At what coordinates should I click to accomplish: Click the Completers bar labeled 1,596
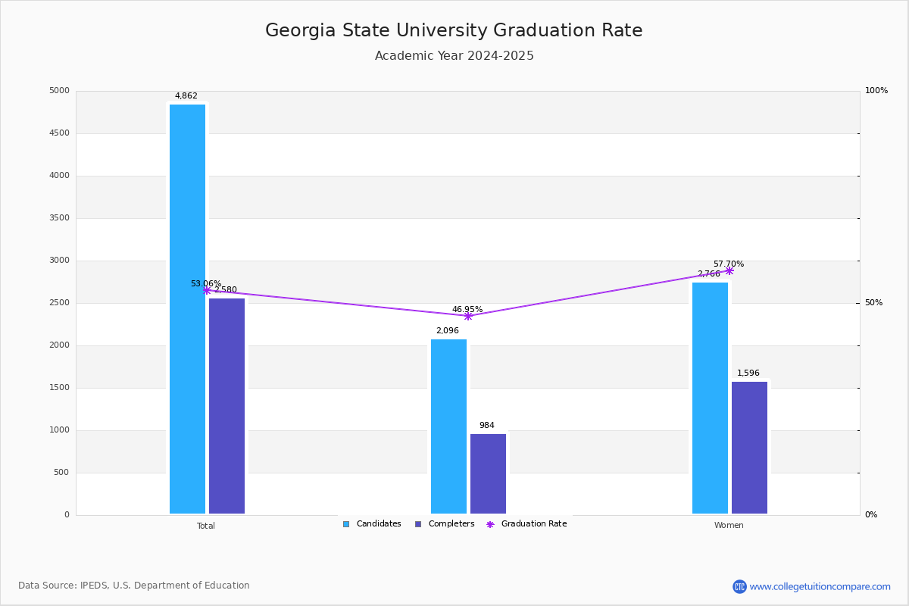(x=749, y=448)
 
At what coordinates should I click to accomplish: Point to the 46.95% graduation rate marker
(x=468, y=316)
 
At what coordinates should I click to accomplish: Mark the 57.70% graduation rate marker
(x=729, y=270)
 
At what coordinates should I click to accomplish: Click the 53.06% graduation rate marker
(x=207, y=290)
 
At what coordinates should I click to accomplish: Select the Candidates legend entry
(x=372, y=524)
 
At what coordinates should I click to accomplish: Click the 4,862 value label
(x=186, y=96)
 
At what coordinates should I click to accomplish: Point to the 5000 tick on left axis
(x=59, y=91)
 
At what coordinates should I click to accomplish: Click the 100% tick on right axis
(x=876, y=91)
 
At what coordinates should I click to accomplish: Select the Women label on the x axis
(x=729, y=526)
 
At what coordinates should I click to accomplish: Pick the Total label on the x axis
(x=206, y=526)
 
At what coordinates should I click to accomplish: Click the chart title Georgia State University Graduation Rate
(x=454, y=31)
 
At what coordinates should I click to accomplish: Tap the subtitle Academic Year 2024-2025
(x=454, y=56)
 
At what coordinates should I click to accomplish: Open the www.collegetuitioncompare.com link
(x=820, y=586)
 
